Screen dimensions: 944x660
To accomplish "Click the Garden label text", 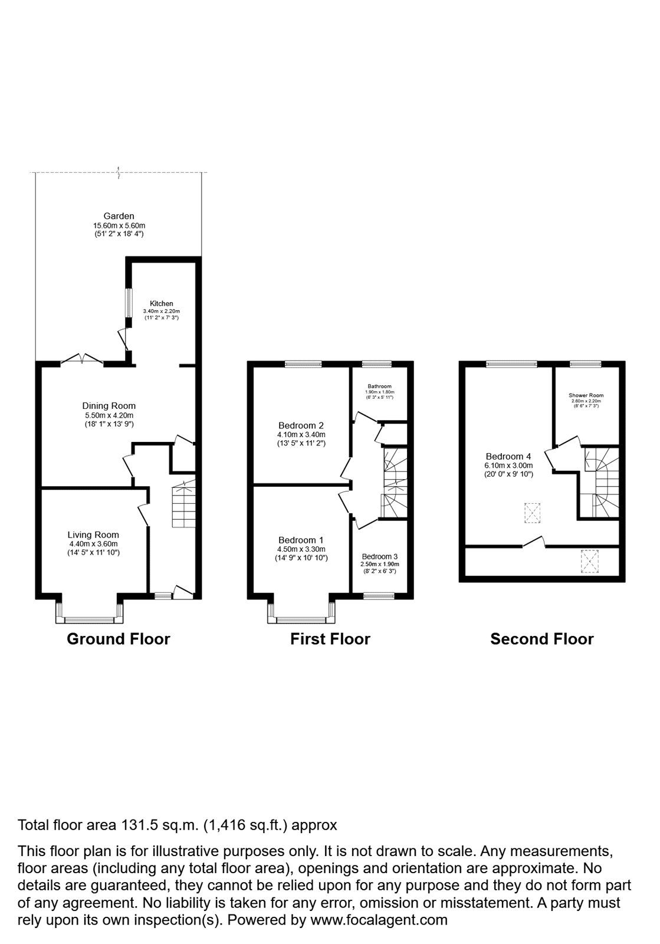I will [x=119, y=217].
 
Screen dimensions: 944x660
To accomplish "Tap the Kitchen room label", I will [x=161, y=303].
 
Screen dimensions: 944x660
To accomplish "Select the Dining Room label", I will [x=109, y=406].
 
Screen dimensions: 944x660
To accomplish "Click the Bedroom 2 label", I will [x=301, y=425].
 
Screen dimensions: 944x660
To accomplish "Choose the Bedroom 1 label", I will [x=301, y=540].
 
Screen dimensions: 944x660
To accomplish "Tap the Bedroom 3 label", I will [x=379, y=556].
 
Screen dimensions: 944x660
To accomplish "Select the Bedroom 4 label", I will [x=508, y=456].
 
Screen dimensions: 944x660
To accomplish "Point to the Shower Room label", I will [x=586, y=395].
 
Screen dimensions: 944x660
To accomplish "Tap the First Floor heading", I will [x=330, y=639].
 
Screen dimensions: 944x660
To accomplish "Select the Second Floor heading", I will [x=541, y=639].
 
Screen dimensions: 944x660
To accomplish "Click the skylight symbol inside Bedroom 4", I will [x=533, y=512].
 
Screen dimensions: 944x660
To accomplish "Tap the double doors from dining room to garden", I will [x=83, y=359].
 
